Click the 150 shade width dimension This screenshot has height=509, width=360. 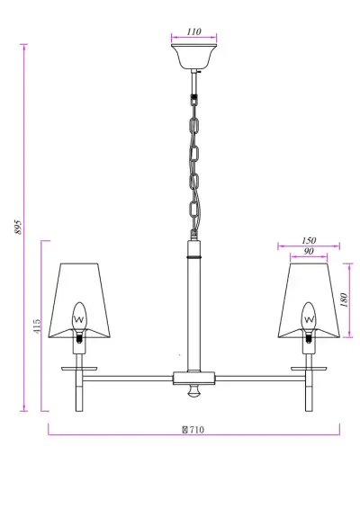[x=309, y=240]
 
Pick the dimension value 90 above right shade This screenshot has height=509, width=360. [x=308, y=252]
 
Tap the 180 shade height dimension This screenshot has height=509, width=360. [x=346, y=299]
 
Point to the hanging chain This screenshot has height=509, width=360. [x=193, y=157]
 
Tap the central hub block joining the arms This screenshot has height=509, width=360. [x=193, y=376]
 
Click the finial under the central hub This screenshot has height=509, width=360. [x=193, y=393]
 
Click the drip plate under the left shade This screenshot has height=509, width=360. [x=78, y=367]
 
